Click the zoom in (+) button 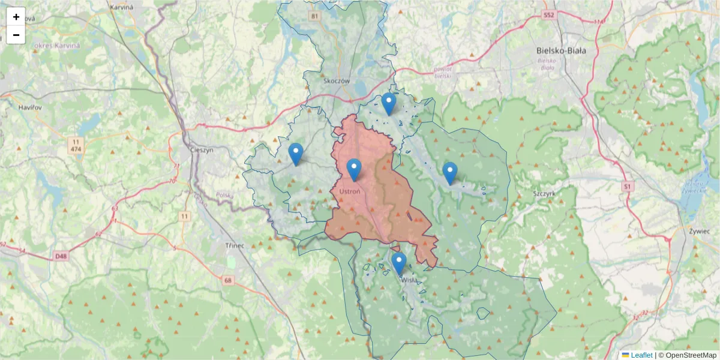point(16,17)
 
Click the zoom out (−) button point(16,35)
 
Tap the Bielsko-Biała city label point(561,51)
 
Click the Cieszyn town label point(201,151)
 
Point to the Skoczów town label point(336,80)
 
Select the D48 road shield point(61,256)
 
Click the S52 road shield point(548,14)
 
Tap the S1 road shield point(628,187)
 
